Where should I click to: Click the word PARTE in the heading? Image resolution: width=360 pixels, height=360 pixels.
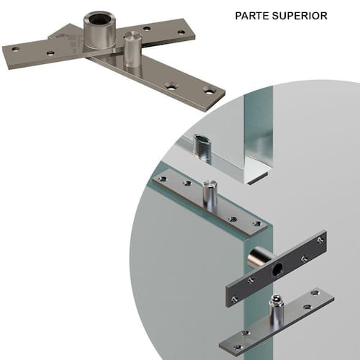[252, 16]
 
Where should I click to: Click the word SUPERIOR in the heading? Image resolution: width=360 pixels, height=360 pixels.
[300, 16]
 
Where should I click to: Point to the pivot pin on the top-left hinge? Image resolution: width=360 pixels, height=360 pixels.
[132, 50]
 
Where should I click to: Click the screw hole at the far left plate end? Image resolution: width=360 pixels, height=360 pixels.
[16, 50]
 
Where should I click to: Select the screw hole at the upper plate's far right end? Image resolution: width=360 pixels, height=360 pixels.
[181, 32]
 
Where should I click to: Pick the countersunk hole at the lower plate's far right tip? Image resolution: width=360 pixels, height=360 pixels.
[209, 91]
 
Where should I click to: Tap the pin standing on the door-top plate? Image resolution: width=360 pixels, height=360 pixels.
[210, 196]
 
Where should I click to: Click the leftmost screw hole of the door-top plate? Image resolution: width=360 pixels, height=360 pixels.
[163, 179]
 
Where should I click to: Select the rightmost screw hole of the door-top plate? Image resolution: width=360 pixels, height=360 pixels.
[257, 224]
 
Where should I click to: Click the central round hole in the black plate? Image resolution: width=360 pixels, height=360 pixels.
[277, 269]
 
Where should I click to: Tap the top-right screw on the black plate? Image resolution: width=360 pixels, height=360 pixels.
[320, 240]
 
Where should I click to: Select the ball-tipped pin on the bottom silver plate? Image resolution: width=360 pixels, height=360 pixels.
[276, 308]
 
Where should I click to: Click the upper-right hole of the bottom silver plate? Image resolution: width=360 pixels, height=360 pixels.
[315, 293]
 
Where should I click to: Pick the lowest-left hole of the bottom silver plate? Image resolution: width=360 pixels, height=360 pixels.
[238, 347]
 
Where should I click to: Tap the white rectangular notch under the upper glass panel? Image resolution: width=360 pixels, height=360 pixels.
[258, 178]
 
